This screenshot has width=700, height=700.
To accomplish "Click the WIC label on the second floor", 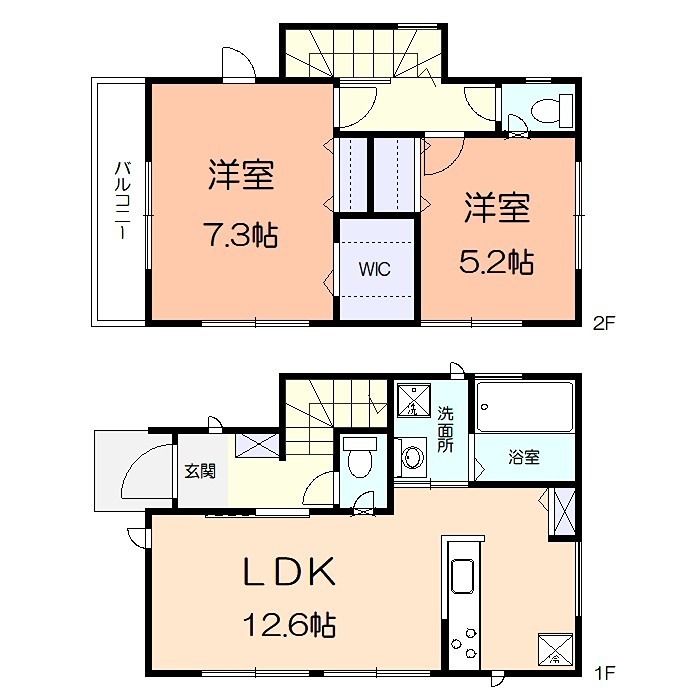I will tap(375, 269).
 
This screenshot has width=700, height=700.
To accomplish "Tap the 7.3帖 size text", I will tap(241, 238).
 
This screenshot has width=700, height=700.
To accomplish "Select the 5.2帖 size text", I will tap(496, 264).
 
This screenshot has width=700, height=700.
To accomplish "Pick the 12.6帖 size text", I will tap(288, 627).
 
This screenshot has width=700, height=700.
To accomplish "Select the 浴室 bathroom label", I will tap(524, 458).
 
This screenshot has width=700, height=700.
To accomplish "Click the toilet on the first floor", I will tap(360, 459).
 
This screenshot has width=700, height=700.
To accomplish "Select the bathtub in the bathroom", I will tap(524, 406).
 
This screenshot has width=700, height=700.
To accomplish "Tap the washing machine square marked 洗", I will tap(412, 403).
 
